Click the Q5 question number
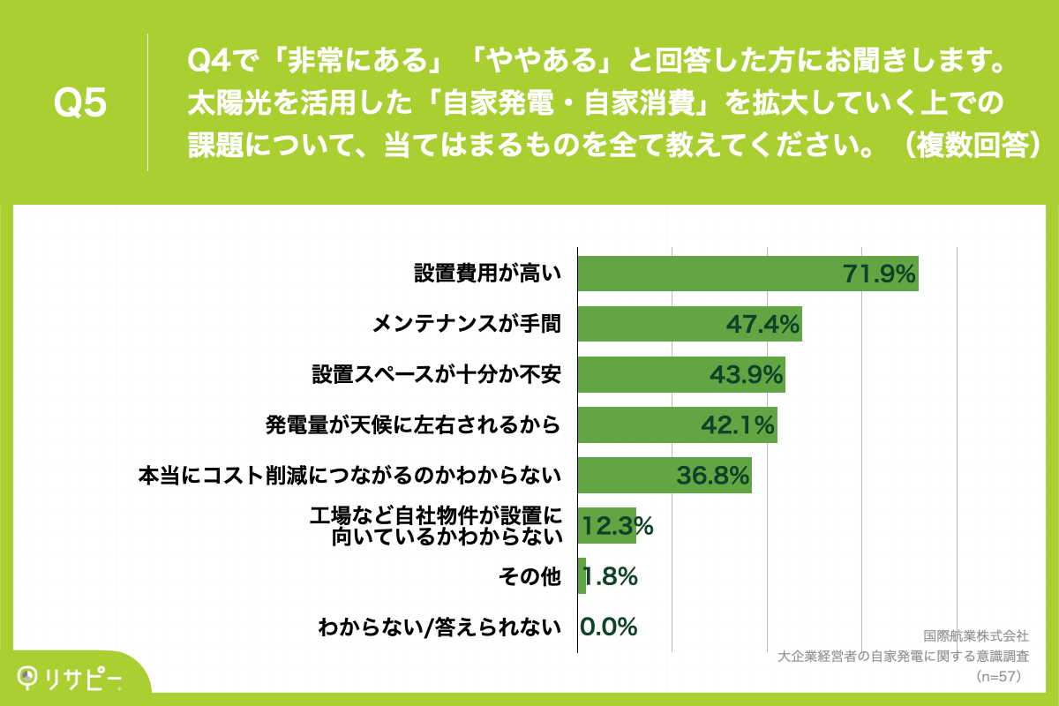(80, 103)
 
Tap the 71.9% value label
(879, 274)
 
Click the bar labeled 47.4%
(689, 324)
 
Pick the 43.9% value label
(747, 375)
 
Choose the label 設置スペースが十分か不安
(436, 375)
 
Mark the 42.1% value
(738, 425)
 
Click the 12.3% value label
(617, 527)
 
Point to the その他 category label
(529, 577)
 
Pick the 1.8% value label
(609, 577)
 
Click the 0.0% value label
(609, 627)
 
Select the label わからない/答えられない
(439, 628)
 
